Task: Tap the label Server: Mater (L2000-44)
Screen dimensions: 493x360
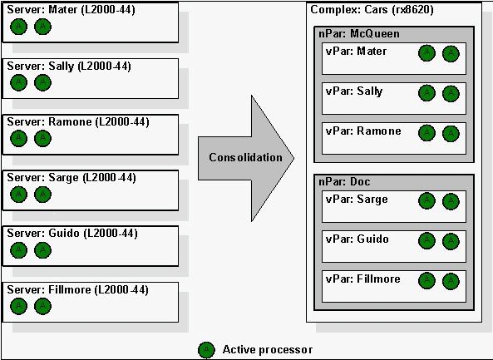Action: (x=71, y=10)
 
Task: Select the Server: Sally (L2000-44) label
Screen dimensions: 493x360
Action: (x=69, y=67)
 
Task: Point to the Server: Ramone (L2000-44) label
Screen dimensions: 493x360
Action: (x=78, y=122)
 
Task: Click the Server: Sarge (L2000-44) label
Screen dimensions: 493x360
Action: (x=71, y=178)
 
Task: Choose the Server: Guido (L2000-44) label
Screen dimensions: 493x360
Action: (x=72, y=234)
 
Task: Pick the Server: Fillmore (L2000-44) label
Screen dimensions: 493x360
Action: (x=77, y=289)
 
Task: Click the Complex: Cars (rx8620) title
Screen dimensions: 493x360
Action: (x=372, y=10)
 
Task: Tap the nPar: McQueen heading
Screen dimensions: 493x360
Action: (x=359, y=33)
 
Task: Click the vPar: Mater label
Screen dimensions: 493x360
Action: (x=356, y=51)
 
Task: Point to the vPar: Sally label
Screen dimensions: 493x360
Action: (x=354, y=91)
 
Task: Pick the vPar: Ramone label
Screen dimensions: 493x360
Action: (x=363, y=131)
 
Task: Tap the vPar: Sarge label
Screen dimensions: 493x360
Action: (x=357, y=200)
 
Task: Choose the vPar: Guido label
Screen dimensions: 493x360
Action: (x=357, y=239)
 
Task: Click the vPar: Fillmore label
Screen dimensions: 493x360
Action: (x=362, y=279)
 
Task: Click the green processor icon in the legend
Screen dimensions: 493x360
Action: (x=206, y=350)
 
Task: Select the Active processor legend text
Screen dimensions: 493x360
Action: (x=268, y=350)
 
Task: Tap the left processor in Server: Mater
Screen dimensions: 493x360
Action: (x=18, y=27)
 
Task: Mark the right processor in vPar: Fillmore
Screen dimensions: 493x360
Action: (x=451, y=281)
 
